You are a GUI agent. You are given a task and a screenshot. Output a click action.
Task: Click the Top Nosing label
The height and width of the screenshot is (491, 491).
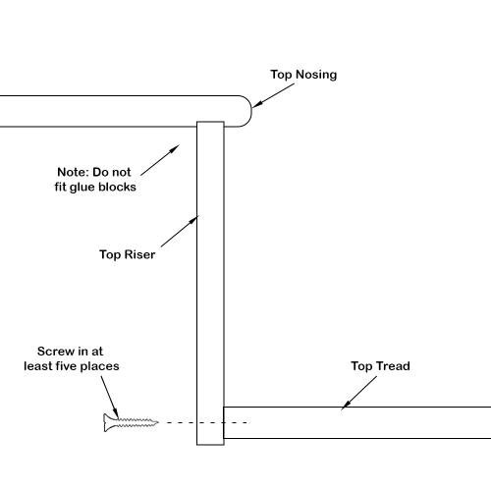(303, 75)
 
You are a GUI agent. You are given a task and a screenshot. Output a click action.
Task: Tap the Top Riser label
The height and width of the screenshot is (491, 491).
(127, 254)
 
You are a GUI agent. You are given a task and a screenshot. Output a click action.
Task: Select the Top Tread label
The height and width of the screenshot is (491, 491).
(380, 366)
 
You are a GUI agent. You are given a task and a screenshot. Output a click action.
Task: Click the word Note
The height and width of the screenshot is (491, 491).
(73, 172)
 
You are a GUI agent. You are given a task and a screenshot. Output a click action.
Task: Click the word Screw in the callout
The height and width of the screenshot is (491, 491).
(56, 352)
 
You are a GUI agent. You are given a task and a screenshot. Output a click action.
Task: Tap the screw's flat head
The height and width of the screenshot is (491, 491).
(106, 422)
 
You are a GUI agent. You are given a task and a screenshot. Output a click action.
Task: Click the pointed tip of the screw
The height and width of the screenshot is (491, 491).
(158, 422)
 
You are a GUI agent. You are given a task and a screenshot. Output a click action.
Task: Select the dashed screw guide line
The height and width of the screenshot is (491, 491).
(207, 422)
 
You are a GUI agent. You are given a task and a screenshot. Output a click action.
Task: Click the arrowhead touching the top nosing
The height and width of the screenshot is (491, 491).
(256, 104)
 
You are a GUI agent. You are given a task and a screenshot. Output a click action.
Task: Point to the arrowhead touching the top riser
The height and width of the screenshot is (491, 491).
(193, 219)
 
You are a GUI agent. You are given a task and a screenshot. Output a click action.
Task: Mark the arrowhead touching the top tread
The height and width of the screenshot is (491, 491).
(345, 406)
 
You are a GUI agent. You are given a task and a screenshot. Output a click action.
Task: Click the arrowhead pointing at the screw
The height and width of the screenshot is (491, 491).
(116, 413)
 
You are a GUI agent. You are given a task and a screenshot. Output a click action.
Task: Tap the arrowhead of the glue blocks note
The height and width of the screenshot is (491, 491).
(175, 148)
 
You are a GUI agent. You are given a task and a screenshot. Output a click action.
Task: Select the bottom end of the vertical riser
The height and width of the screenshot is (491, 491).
(210, 445)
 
